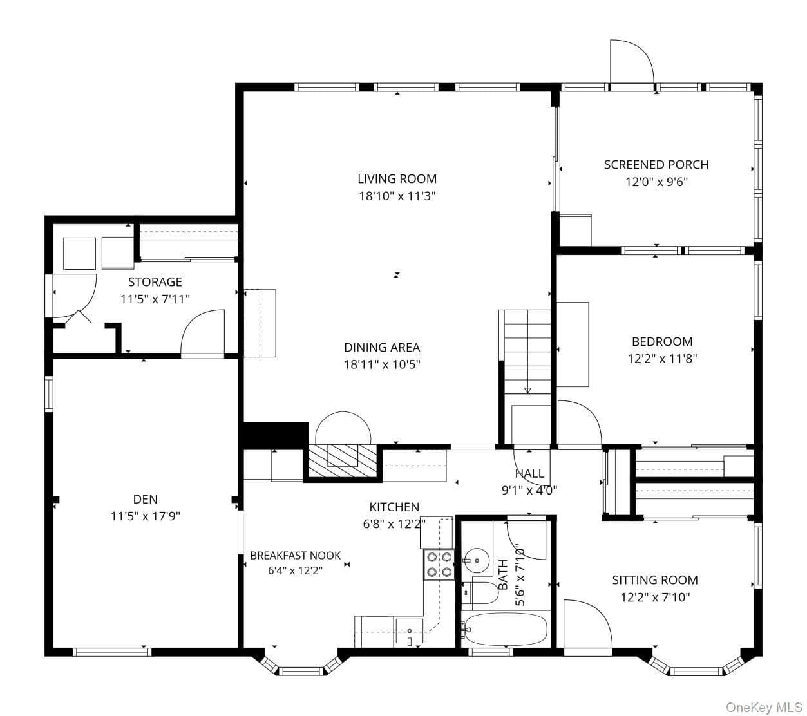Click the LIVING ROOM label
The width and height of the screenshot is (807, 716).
click(397, 179)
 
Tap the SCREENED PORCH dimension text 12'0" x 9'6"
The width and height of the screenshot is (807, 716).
click(656, 182)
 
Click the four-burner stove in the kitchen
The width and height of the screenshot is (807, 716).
click(439, 565)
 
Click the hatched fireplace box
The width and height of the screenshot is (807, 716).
click(343, 461)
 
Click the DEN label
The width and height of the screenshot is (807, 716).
click(145, 499)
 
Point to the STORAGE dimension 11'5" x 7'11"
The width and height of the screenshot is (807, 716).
click(155, 299)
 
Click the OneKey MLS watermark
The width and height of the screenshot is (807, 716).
click(764, 707)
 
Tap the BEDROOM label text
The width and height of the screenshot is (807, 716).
click(662, 341)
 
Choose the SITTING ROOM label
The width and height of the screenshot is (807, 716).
click(655, 579)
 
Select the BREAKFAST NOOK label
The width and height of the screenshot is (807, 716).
click(295, 556)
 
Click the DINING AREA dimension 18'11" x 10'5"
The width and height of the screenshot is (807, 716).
click(382, 364)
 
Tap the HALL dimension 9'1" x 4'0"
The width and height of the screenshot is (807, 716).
click(529, 490)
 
